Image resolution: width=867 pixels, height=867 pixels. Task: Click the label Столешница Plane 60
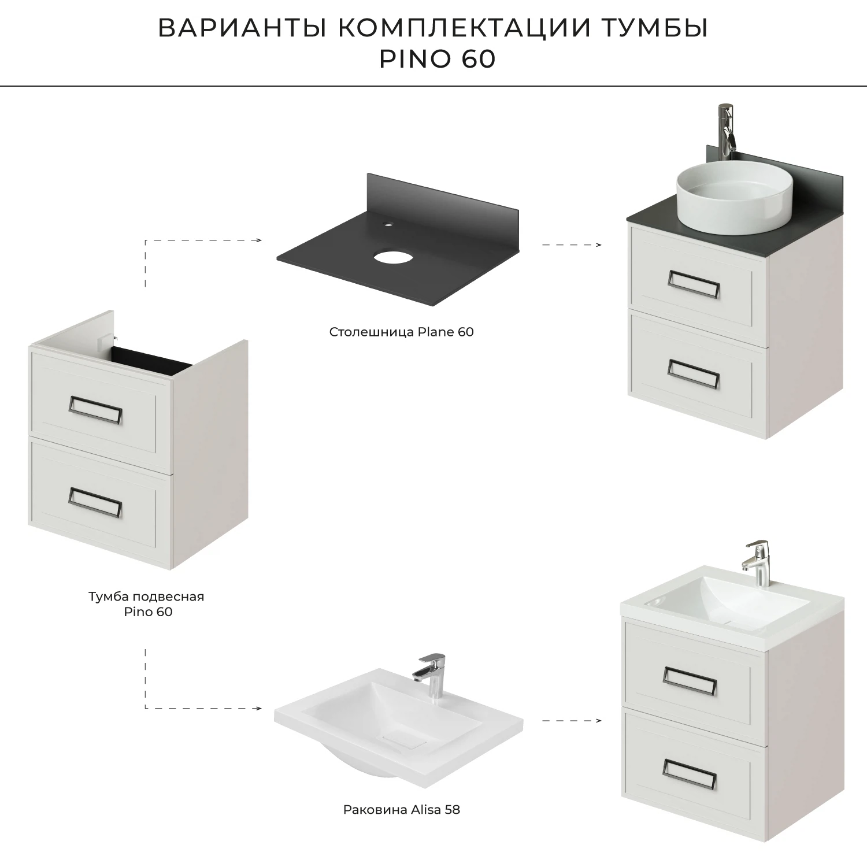coord(401,332)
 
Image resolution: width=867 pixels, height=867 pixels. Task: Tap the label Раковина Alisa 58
coord(401,810)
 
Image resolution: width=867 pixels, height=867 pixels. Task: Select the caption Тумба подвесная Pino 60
coord(147,603)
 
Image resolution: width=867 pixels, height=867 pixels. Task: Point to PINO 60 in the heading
coord(437,59)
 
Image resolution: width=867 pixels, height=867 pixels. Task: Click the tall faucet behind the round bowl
coord(725,132)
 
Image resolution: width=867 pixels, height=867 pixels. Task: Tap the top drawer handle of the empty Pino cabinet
coord(95,411)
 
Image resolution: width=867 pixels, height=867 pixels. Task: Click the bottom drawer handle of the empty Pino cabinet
coord(95,501)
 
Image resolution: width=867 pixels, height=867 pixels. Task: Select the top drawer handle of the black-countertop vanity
coord(694,285)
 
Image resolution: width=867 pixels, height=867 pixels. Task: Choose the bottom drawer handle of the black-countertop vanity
coord(694,373)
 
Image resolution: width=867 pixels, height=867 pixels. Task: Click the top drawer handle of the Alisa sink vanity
coord(690,681)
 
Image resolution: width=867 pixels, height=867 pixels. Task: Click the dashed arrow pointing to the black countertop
coord(202,240)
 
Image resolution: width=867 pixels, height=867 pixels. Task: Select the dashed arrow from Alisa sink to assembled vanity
coord(571,721)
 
